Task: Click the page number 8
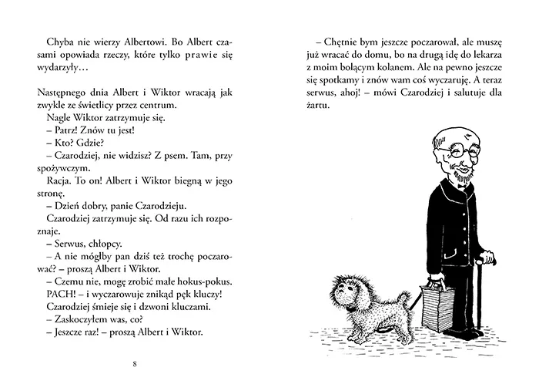coord(136,363)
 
